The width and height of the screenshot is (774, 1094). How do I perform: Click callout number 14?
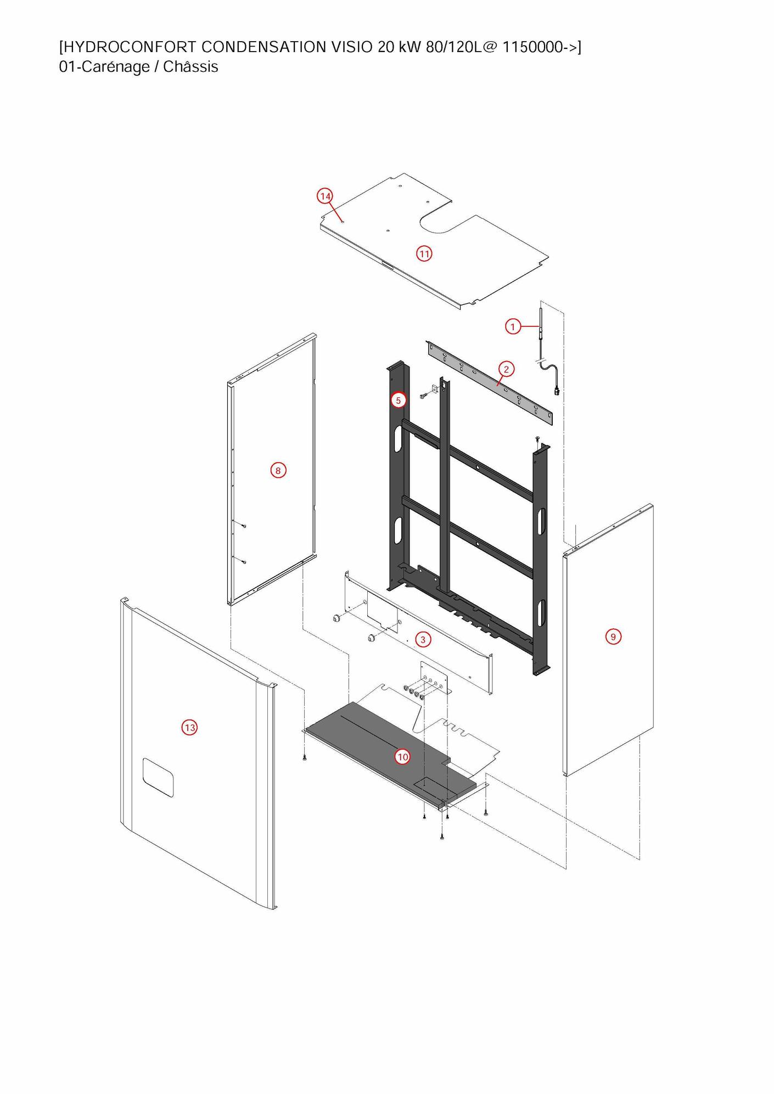coord(325,196)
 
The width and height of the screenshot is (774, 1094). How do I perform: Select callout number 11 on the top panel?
coord(424,253)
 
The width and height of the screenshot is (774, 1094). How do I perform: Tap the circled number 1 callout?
coord(513,326)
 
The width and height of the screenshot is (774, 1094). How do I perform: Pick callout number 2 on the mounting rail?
coord(506,369)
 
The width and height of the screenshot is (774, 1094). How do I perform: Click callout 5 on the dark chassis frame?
coord(399,401)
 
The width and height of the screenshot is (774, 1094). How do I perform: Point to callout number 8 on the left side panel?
coord(278,470)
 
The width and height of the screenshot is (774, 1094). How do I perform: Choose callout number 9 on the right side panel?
coord(613,636)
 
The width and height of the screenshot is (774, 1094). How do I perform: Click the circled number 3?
coord(423,639)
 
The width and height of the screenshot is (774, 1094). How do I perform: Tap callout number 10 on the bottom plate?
coord(403,757)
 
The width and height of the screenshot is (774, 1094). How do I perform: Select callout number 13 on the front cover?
coord(189,728)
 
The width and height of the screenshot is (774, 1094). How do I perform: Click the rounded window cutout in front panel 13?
coord(158,778)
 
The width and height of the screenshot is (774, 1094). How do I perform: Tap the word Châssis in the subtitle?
coord(190,67)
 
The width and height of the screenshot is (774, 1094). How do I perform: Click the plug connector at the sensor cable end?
coord(558,391)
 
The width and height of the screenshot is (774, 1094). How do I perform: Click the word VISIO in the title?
coord(352,47)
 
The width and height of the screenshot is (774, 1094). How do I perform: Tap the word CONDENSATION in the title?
coord(261,47)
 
